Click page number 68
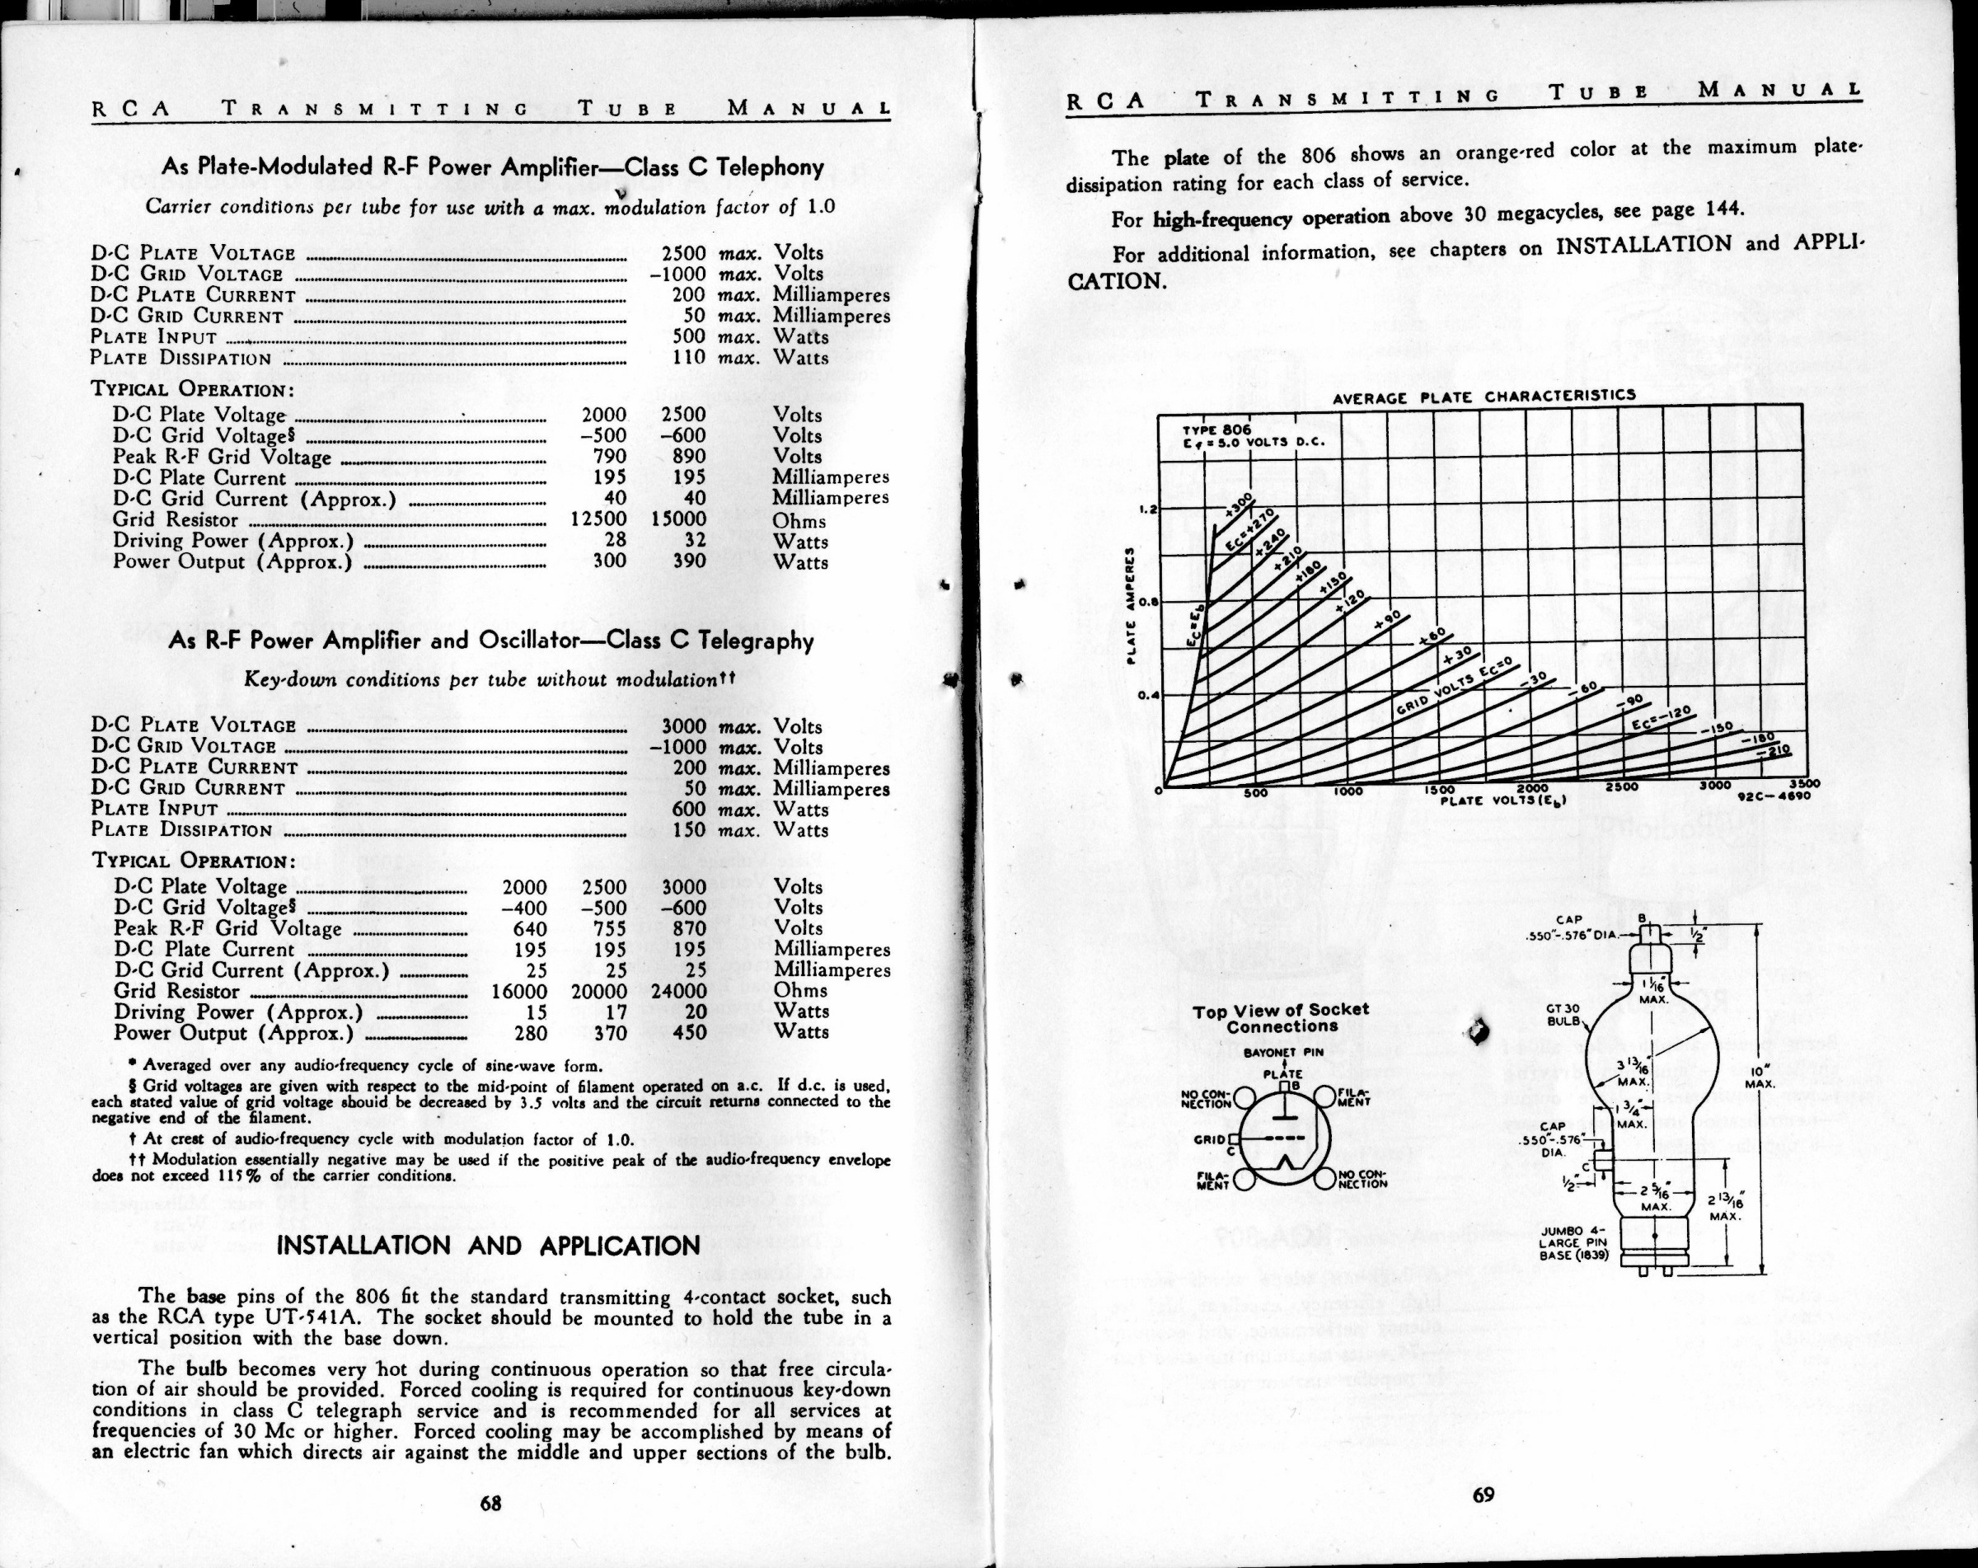tap(491, 1503)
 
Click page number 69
tap(1483, 1494)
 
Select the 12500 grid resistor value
tap(598, 520)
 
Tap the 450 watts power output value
tap(689, 1032)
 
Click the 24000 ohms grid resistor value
tap(679, 991)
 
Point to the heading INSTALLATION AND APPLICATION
tap(488, 1246)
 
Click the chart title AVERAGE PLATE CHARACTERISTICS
tap(1483, 397)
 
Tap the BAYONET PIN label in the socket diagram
tap(1282, 1053)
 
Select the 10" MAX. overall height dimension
tap(1760, 1077)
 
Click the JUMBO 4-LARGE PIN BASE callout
tap(1573, 1243)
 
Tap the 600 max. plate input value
tap(689, 810)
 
